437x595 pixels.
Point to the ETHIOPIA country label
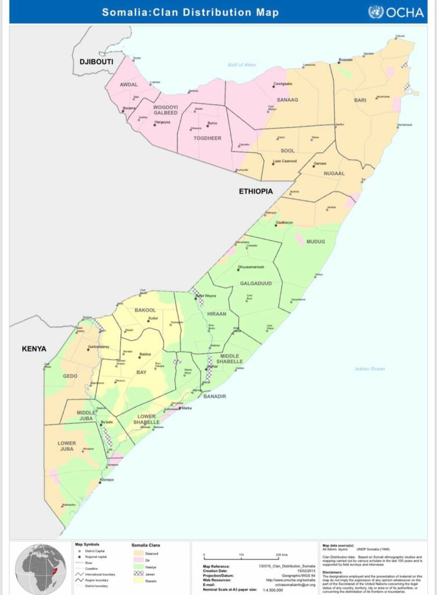[256, 191]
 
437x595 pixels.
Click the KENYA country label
[34, 349]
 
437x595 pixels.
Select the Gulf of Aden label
[242, 64]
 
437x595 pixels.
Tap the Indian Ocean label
[370, 369]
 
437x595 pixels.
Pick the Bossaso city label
[346, 60]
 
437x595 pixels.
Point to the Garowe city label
[320, 163]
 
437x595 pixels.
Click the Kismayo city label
[107, 479]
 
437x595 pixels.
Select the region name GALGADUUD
[252, 284]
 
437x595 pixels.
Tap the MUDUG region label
[316, 241]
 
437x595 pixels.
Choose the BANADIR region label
[214, 396]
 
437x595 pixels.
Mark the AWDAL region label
[129, 84]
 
